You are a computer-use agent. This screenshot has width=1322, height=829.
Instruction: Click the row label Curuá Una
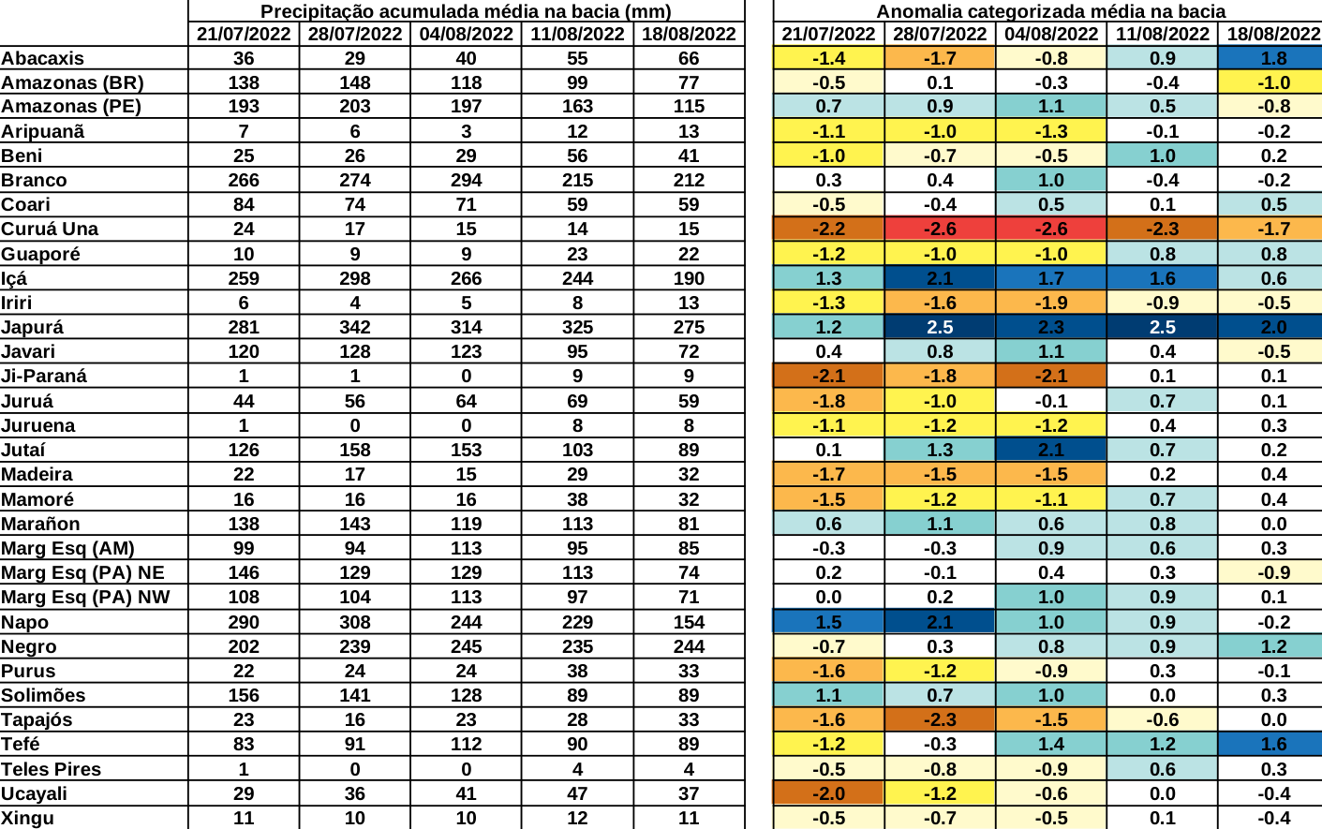coord(50,229)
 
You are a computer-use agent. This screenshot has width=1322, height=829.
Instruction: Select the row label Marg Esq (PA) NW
coord(85,597)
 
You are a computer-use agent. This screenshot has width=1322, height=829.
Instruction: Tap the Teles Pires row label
coord(52,769)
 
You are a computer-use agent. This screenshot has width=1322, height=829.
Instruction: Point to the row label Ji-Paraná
coord(44,376)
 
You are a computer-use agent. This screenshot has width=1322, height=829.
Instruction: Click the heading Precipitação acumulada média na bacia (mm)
coord(466,11)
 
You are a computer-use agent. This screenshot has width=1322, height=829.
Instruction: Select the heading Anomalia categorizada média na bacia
coord(1050,11)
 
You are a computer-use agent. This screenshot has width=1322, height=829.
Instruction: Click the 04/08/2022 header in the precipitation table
coord(466,34)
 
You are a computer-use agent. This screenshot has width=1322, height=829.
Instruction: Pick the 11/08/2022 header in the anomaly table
coord(1162,34)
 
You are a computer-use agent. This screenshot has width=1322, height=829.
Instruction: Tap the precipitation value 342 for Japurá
coord(355,327)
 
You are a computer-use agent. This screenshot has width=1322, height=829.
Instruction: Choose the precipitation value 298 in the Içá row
coord(355,278)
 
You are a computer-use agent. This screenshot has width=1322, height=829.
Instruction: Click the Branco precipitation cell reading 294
coord(466,180)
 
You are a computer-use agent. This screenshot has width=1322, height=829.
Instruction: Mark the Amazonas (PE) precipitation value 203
coord(355,106)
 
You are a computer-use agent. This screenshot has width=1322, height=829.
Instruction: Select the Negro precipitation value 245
coord(466,646)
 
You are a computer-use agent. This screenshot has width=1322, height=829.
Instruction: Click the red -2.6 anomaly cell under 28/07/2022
coord(940,229)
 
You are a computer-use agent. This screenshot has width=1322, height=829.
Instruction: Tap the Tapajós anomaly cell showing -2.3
coord(940,719)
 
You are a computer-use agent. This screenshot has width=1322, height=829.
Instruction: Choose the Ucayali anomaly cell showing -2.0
coord(828,793)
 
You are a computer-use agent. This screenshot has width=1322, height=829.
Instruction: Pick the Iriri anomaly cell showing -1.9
coord(1050,303)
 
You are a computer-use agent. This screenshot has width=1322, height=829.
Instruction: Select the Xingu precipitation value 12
coord(577,818)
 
